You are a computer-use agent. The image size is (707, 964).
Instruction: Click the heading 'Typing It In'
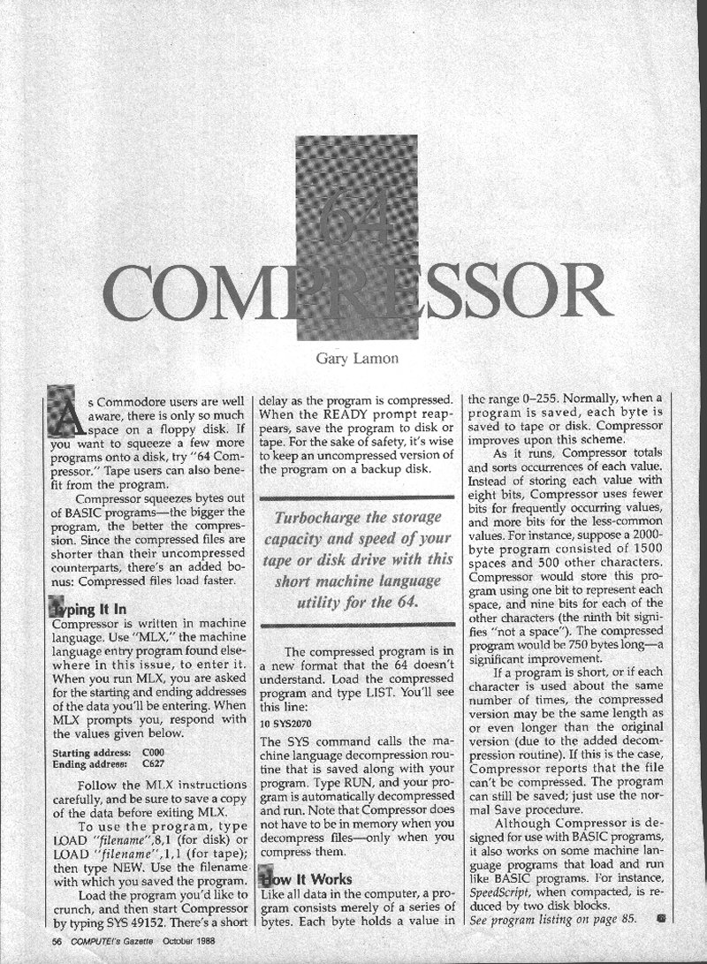[85, 610]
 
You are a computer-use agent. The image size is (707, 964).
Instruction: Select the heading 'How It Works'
[305, 879]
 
